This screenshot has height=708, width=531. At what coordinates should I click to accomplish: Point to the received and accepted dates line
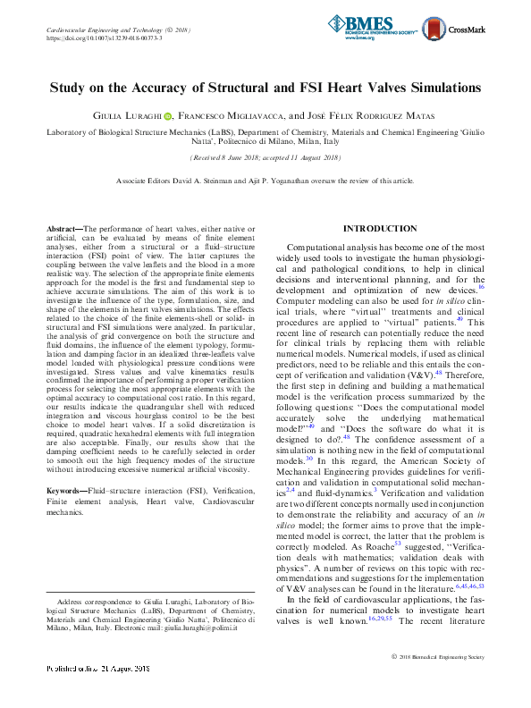265,157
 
